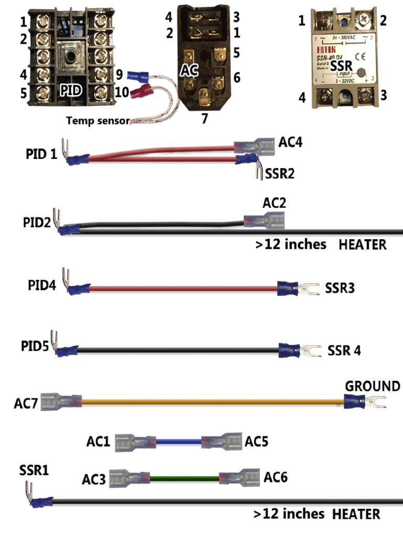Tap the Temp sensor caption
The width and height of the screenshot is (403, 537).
click(x=97, y=121)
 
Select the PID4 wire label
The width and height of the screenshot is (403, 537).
click(x=41, y=286)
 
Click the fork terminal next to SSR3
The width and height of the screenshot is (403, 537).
click(x=309, y=287)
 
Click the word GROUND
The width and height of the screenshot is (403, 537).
click(x=372, y=386)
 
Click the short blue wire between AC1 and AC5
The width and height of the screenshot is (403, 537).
click(x=178, y=442)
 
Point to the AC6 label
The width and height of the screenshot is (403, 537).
click(x=275, y=478)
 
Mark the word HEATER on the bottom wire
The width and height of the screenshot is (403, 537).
click(x=356, y=514)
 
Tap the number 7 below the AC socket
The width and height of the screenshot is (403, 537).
click(x=205, y=118)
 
